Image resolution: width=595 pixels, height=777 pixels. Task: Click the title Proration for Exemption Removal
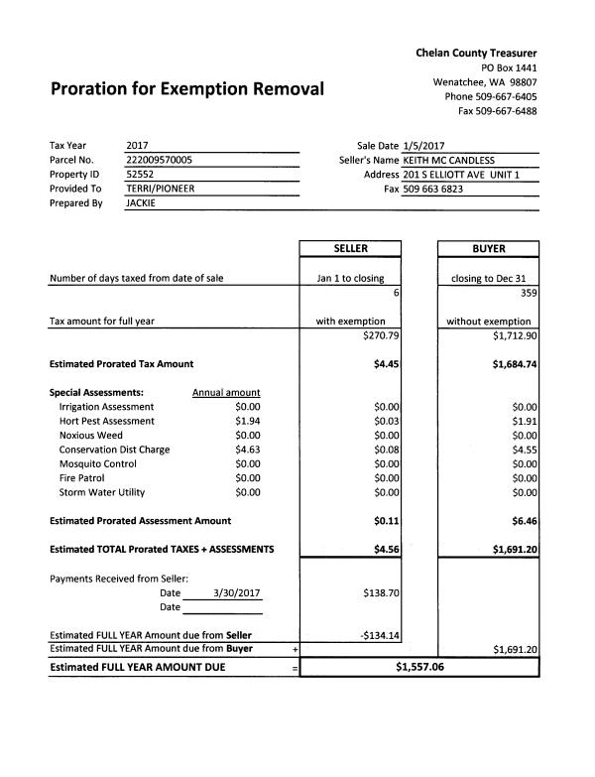point(186,89)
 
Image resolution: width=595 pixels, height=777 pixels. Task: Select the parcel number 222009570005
point(160,160)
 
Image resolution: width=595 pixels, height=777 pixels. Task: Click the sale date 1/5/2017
point(424,146)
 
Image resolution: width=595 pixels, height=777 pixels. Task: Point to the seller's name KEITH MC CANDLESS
point(448,160)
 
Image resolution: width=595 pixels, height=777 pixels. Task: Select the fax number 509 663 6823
point(432,189)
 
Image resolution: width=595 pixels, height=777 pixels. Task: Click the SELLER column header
point(351,249)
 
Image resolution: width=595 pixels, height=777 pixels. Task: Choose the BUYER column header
point(489,249)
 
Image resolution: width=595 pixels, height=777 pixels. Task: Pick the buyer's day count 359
point(527,293)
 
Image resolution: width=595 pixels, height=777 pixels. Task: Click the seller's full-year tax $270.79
point(381,335)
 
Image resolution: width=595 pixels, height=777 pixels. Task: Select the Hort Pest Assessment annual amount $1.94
point(247,421)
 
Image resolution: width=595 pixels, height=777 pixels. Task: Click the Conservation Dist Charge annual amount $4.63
point(247,450)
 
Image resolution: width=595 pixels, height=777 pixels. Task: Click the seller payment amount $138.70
point(381,593)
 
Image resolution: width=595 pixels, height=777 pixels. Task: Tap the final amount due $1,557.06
point(419,667)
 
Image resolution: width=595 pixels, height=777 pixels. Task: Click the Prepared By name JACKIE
point(142,202)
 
